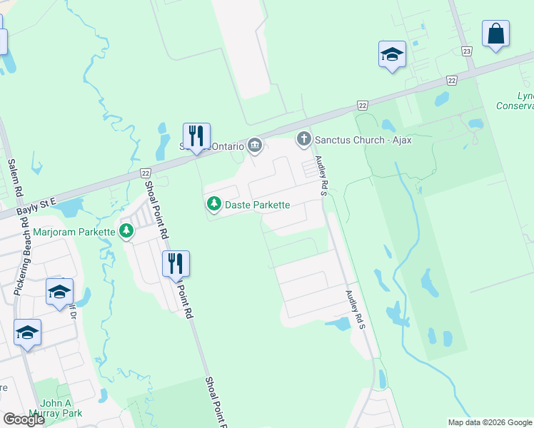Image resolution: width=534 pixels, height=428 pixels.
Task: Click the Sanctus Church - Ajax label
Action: [363, 140]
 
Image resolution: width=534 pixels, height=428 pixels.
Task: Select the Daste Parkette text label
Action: [257, 205]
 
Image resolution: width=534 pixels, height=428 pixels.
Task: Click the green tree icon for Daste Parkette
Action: [213, 205]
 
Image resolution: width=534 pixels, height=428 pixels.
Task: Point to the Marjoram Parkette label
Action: [74, 232]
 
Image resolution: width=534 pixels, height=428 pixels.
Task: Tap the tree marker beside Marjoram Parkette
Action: [126, 231]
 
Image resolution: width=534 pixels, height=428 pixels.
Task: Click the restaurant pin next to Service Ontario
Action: [196, 135]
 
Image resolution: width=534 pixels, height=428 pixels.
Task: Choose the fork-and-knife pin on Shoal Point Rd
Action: [176, 263]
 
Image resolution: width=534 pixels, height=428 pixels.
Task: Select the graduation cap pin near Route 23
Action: [392, 53]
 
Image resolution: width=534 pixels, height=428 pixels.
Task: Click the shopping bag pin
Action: [495, 33]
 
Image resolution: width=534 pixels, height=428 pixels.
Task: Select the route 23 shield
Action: [467, 51]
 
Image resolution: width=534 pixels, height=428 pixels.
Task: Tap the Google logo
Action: [24, 419]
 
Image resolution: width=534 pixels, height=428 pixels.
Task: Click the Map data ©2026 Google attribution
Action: [490, 422]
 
